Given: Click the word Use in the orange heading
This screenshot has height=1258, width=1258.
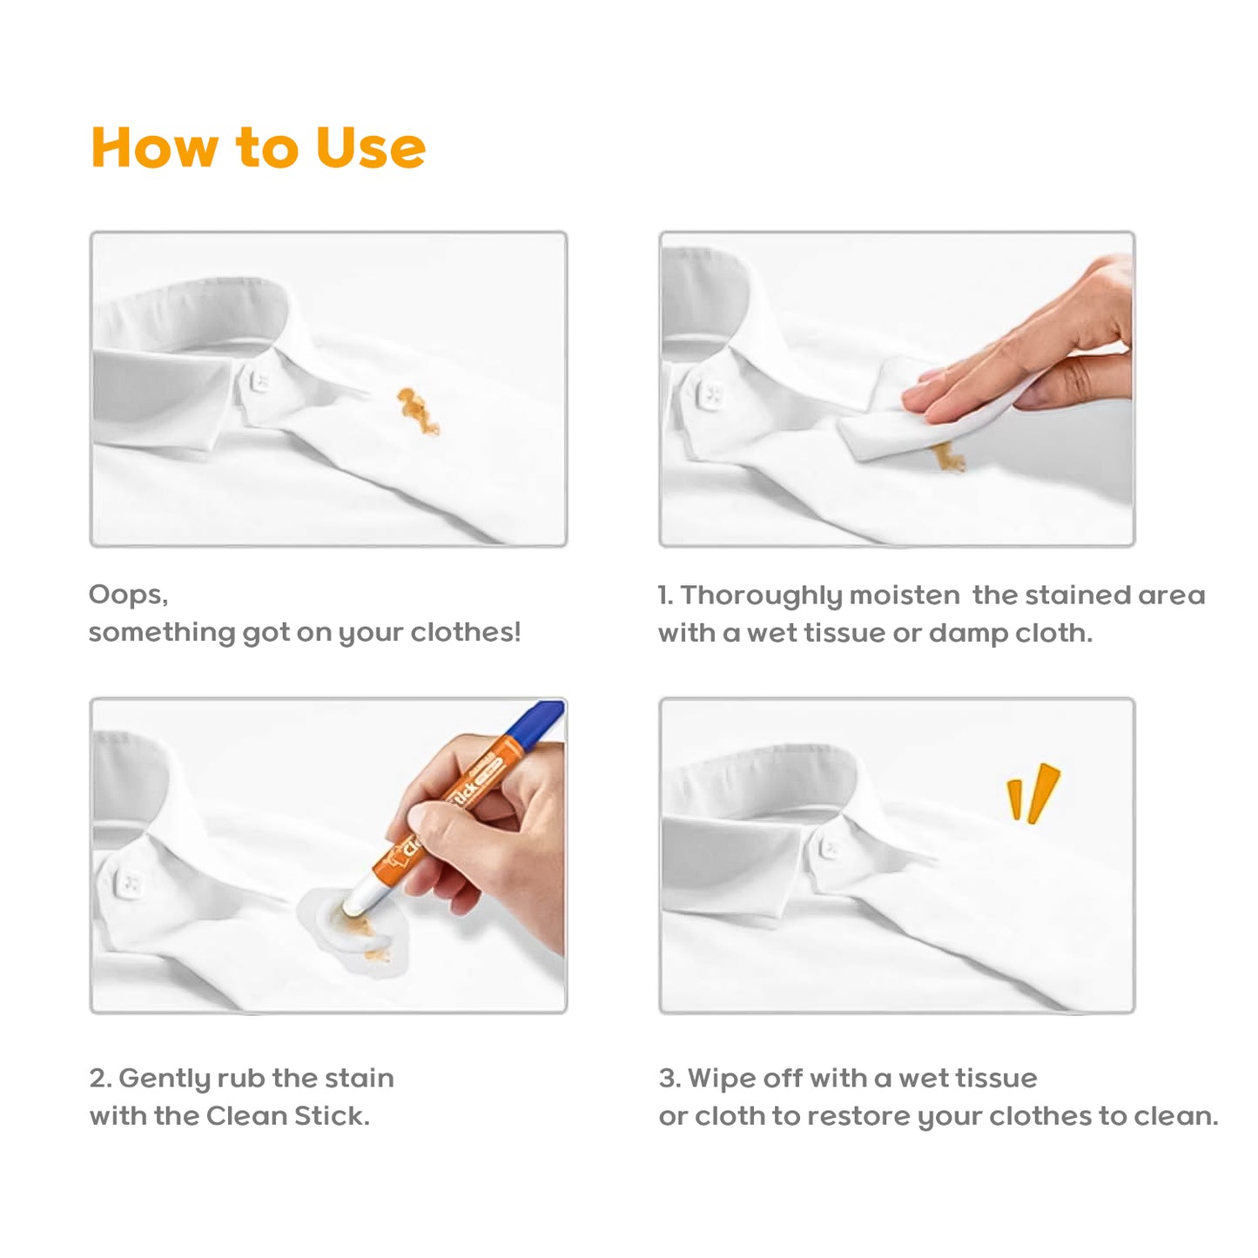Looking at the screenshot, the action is pyautogui.click(x=370, y=147).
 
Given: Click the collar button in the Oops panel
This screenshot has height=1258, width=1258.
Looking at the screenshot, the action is pyautogui.click(x=259, y=382).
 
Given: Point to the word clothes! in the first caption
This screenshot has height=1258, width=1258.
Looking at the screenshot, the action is pyautogui.click(x=466, y=632).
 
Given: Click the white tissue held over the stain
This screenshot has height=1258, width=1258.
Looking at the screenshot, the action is pyautogui.click(x=946, y=418).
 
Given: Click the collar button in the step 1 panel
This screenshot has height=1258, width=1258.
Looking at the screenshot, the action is pyautogui.click(x=713, y=393).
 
